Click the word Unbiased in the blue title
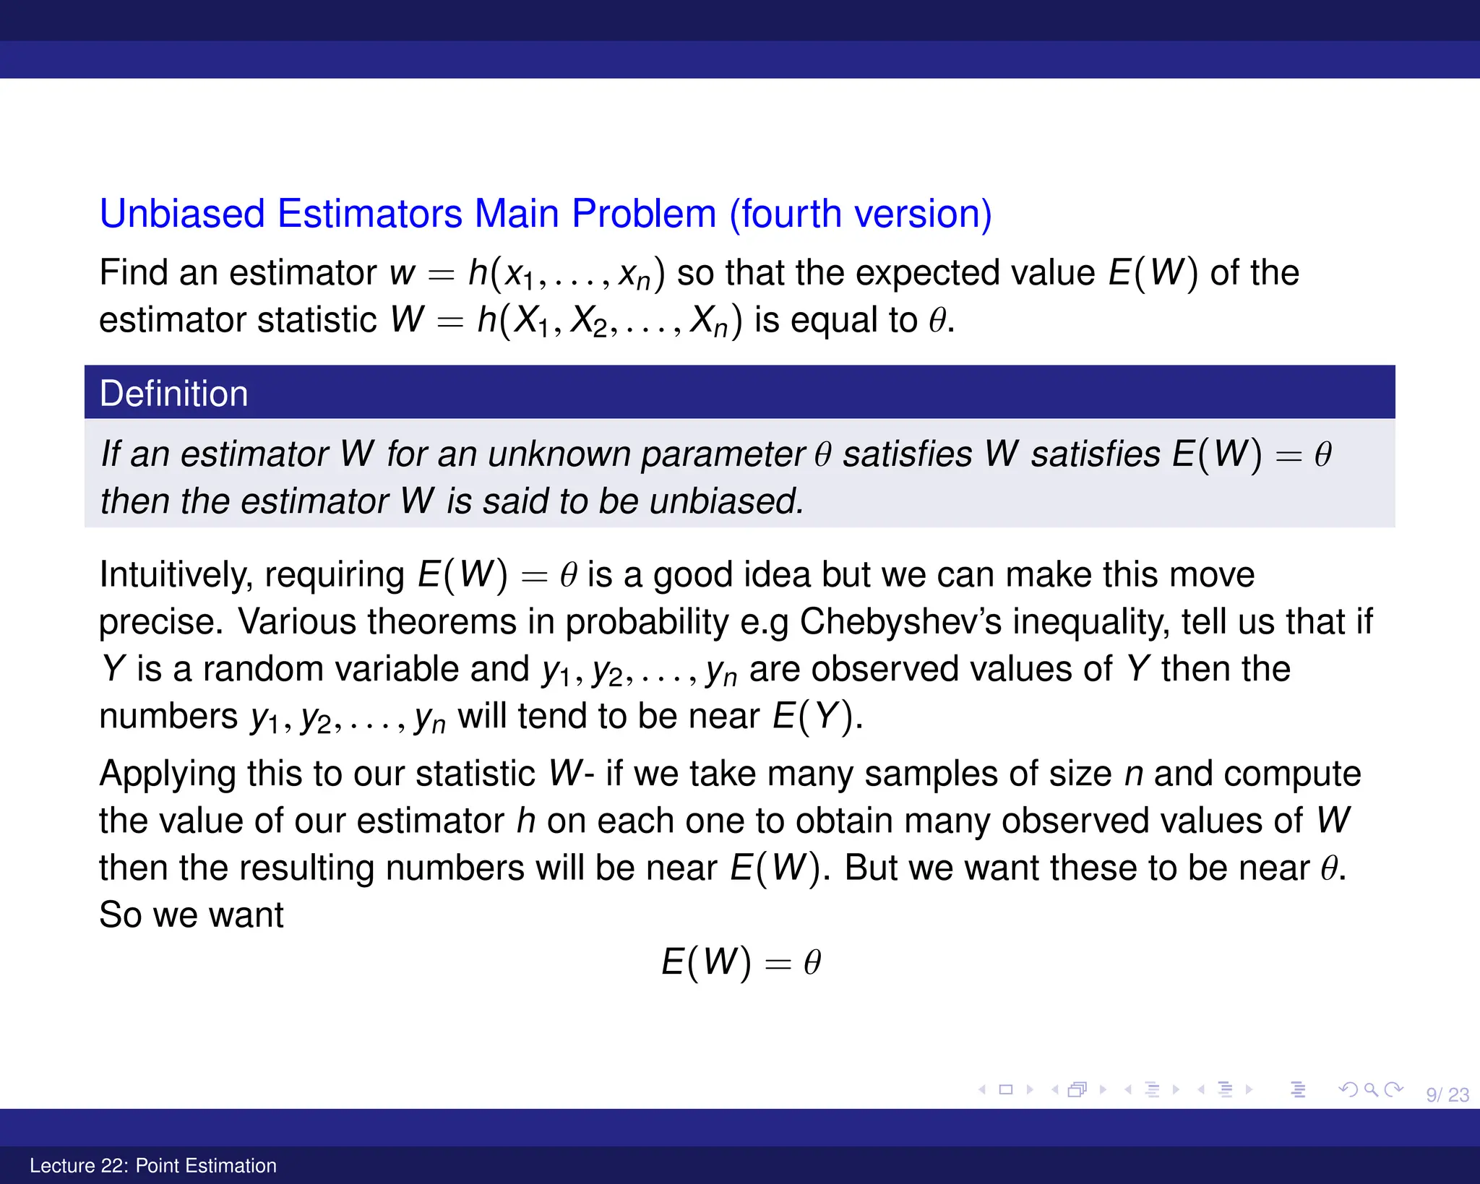click(x=182, y=214)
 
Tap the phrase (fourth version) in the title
click(x=860, y=214)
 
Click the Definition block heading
click(x=173, y=394)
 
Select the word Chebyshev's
click(x=900, y=621)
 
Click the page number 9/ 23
click(x=1447, y=1094)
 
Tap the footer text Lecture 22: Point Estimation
click(x=153, y=1165)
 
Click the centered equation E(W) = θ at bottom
click(x=741, y=962)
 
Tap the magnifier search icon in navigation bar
click(x=1370, y=1089)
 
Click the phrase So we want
click(x=192, y=915)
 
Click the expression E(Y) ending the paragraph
click(x=816, y=716)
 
